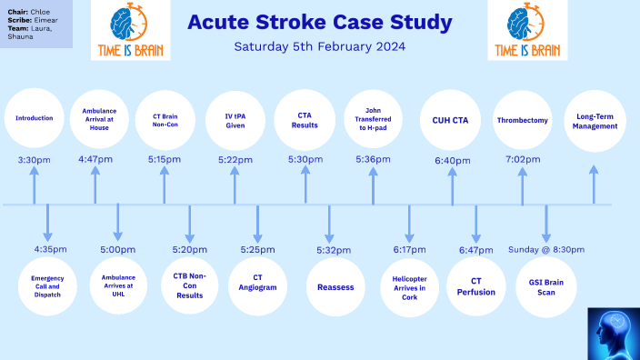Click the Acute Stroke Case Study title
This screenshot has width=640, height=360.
320,22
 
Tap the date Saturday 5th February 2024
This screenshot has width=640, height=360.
320,45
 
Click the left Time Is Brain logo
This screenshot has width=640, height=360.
130,31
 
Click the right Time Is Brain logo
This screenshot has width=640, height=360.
527,31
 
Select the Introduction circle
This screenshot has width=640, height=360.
35,118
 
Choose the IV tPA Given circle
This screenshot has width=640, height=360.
235,118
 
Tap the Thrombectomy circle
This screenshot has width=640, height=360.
522,119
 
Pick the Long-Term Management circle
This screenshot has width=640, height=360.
595,119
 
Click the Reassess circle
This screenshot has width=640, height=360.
335,286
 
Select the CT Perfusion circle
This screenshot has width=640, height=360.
475,286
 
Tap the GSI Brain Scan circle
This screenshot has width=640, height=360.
546,286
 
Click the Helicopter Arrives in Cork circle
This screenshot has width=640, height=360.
409,286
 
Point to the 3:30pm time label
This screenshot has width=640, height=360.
35,159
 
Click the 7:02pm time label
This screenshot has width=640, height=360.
522,159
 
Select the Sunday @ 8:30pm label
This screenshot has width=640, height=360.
545,248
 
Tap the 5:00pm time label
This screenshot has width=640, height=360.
118,248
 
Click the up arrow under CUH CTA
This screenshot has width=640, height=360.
453,186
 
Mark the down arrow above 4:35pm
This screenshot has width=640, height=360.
48,223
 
